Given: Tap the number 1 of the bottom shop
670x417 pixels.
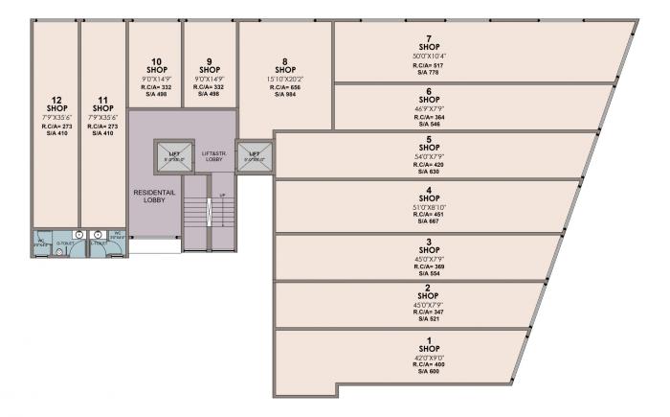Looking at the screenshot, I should point(429,340).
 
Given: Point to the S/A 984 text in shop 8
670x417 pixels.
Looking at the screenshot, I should point(284,94).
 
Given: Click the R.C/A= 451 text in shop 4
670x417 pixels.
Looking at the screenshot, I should point(429,214).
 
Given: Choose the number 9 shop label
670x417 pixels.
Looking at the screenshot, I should point(209,61).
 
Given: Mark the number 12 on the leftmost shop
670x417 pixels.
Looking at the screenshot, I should point(56,100).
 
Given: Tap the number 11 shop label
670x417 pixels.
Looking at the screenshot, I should point(102,100).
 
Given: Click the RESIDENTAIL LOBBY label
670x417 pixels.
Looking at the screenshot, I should point(150,197).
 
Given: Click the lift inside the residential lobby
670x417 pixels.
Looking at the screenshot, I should point(174,157).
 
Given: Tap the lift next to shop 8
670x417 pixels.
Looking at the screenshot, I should point(254,156).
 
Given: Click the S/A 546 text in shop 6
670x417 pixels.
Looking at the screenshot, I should point(429,125).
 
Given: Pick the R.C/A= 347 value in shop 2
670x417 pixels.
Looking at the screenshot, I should point(429,312).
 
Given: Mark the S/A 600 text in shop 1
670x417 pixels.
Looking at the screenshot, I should point(429,372).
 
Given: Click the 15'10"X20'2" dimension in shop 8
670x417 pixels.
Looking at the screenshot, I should point(284,79).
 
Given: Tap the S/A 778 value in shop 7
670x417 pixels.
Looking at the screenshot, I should point(429,72).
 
